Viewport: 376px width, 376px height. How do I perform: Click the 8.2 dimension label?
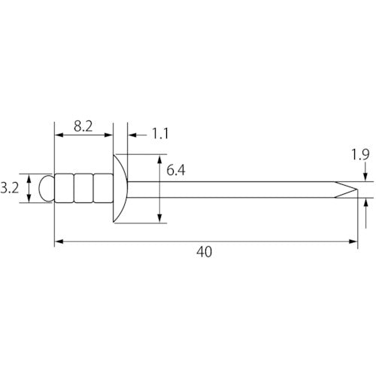click(83, 126)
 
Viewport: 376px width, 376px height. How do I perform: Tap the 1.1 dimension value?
click(160, 134)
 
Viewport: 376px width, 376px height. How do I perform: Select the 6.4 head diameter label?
click(176, 170)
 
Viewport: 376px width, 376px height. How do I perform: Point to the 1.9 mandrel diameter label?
click(360, 154)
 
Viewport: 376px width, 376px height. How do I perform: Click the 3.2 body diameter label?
click(10, 188)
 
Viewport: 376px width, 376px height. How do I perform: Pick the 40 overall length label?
click(204, 252)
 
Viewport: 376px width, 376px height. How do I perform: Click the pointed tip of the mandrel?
click(356, 190)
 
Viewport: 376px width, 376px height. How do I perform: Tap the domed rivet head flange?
click(120, 189)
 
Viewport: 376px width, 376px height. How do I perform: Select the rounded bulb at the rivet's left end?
click(47, 189)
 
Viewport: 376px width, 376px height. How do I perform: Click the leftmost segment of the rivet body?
click(64, 188)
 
